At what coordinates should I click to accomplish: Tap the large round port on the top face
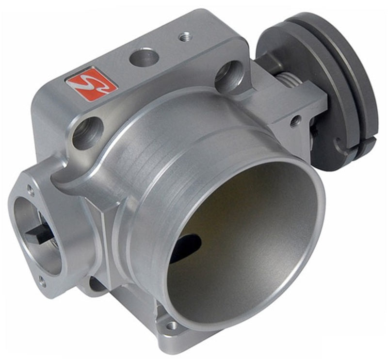tap(144, 58)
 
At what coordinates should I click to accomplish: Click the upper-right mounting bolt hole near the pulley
tap(227, 75)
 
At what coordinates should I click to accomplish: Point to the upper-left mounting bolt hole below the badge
tap(88, 133)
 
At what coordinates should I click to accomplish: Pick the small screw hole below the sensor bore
tap(42, 280)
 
